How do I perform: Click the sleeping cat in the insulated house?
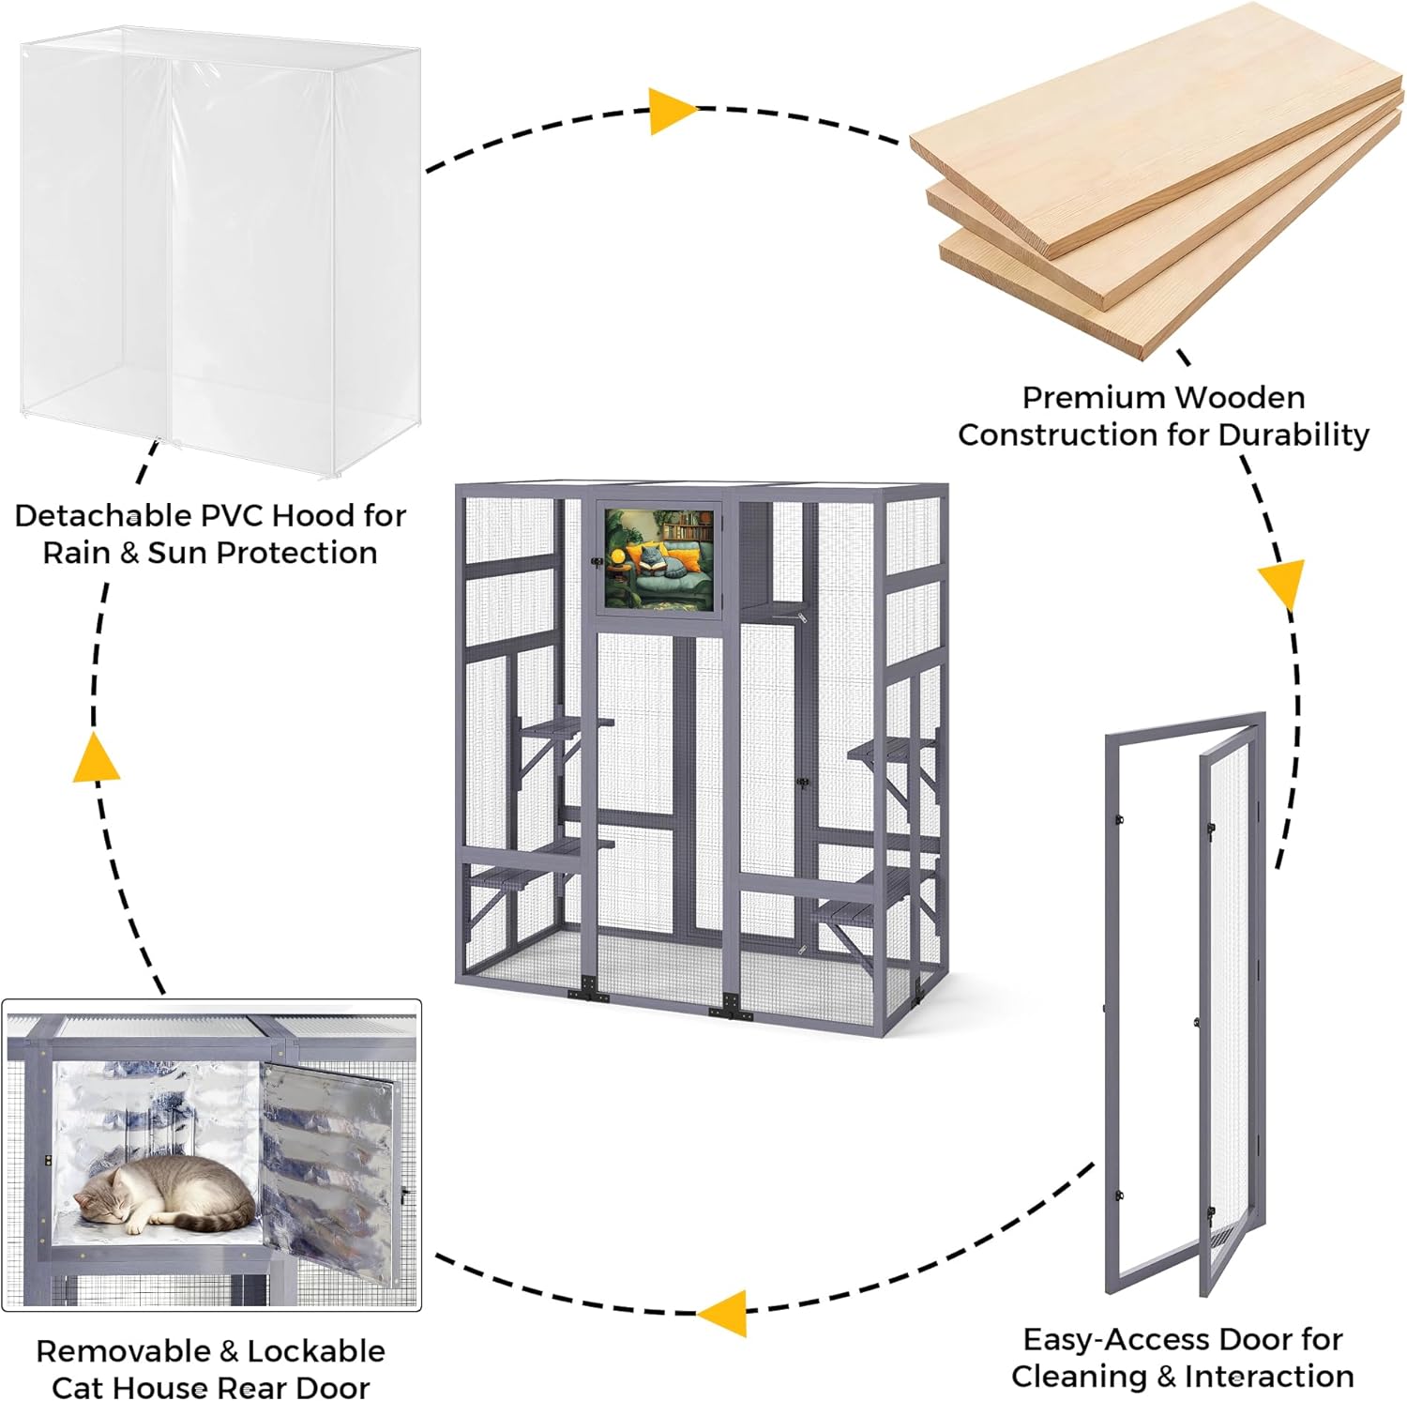(x=164, y=1196)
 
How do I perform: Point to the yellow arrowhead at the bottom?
(x=725, y=1312)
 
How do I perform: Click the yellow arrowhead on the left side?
(x=96, y=758)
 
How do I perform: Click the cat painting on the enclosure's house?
(x=658, y=558)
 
